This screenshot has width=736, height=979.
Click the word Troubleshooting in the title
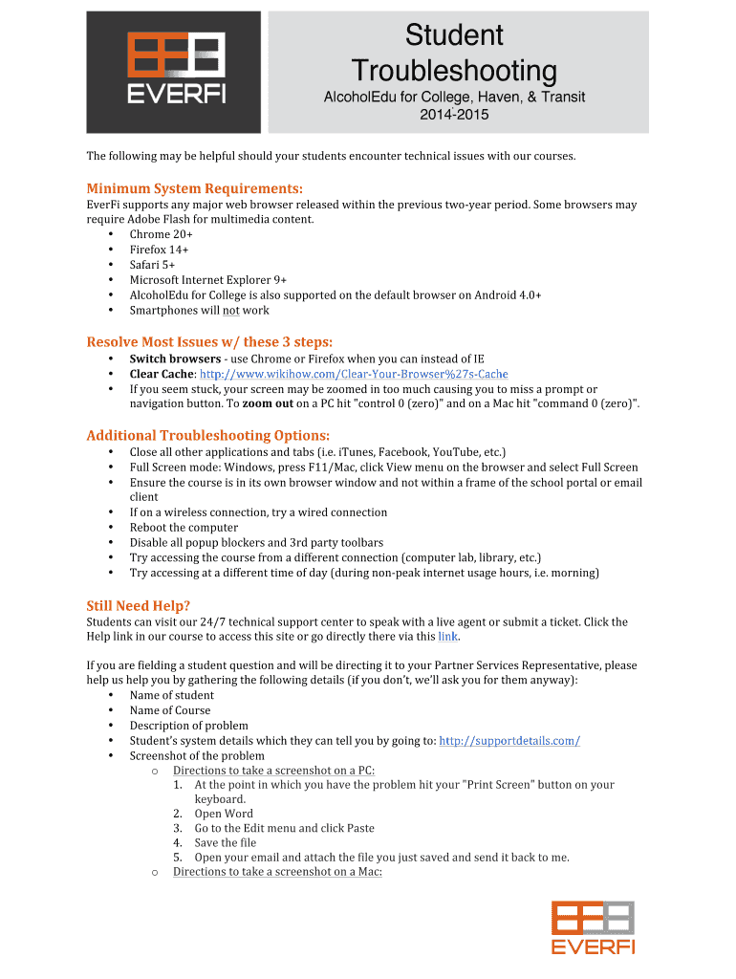point(453,70)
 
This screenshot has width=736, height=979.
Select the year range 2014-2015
point(453,116)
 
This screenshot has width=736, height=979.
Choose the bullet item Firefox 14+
point(159,250)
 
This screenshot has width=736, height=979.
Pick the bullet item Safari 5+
point(152,265)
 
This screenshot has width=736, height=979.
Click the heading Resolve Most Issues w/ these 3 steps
point(209,341)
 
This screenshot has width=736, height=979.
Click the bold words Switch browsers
point(175,359)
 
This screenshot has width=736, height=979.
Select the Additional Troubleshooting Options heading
point(207,435)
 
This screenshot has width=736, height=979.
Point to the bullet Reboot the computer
point(184,527)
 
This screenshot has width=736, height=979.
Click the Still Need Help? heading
point(139,605)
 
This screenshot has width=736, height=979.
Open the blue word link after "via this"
point(447,636)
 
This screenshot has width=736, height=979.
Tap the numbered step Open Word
point(224,814)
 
